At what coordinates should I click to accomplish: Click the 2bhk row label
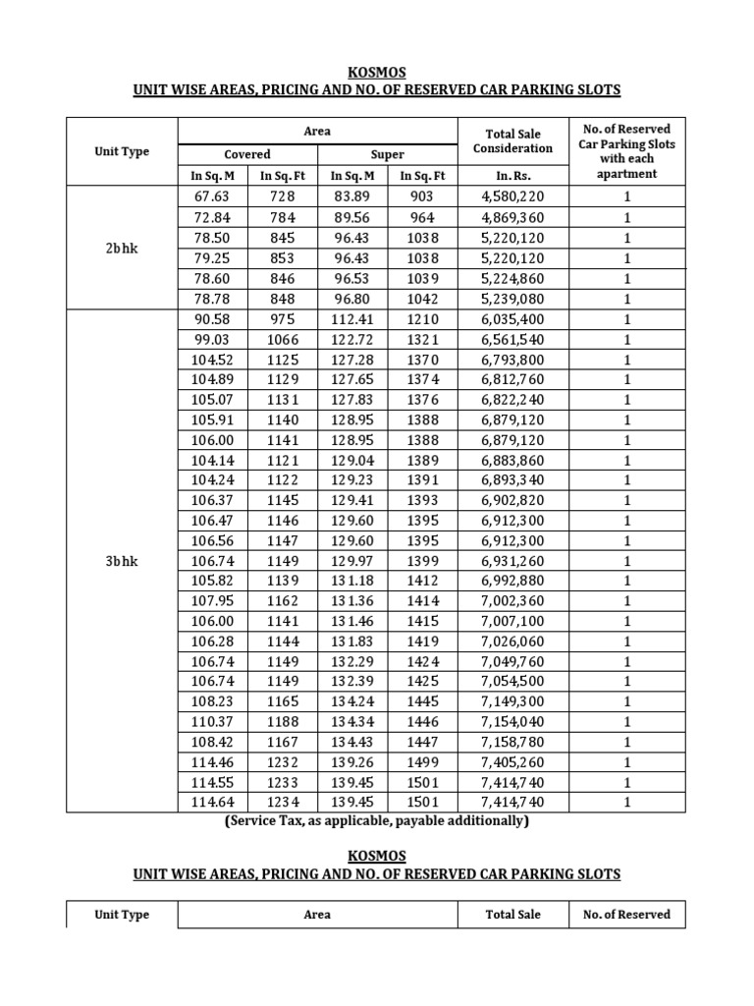point(122,249)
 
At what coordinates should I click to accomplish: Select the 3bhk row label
point(122,560)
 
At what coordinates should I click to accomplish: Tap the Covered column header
point(247,154)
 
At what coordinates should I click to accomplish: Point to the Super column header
point(387,154)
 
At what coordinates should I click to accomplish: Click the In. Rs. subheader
point(512,176)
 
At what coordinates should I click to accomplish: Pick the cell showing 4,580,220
point(512,196)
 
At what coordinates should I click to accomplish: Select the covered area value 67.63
point(211,196)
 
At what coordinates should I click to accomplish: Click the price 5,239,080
point(512,299)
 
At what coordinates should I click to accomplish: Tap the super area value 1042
point(422,299)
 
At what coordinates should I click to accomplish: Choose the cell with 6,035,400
point(512,319)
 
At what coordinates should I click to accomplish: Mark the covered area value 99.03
point(211,339)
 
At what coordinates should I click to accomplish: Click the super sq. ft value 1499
point(422,761)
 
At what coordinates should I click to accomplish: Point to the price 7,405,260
point(512,761)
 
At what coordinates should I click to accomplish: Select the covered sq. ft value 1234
point(282,802)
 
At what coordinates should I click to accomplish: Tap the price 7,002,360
point(512,600)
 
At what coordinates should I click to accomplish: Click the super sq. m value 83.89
point(352,196)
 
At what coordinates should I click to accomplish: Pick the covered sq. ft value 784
point(282,216)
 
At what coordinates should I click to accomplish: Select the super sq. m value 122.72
point(352,339)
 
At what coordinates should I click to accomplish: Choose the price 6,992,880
point(512,581)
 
